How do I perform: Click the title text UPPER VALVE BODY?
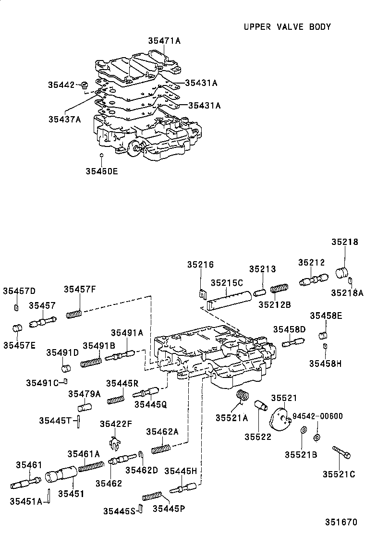287,27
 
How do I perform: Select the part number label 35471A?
164,41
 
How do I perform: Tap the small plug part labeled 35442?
85,86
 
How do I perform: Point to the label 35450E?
101,170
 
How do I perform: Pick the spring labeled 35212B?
279,289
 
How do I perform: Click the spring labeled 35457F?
74,314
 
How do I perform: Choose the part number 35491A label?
127,333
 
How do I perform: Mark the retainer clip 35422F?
114,443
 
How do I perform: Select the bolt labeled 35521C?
341,452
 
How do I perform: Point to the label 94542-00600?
317,416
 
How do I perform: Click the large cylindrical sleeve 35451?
61,476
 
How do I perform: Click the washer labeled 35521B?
303,431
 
